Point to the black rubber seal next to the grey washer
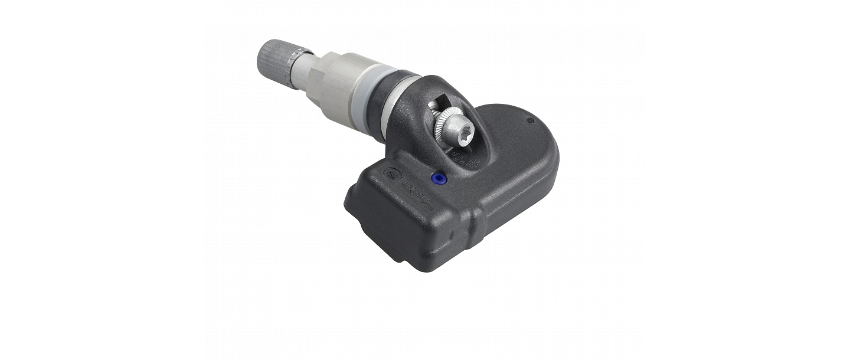coord(394,103)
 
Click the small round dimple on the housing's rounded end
coord(529,120)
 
